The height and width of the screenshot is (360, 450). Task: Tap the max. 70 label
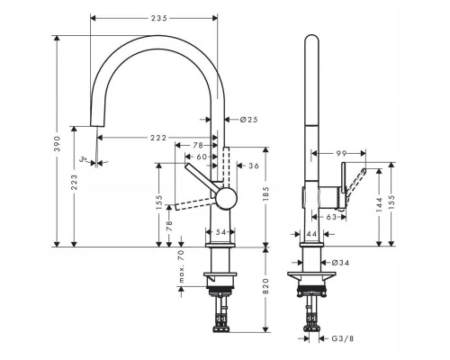(179, 266)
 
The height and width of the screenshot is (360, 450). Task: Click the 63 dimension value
(332, 217)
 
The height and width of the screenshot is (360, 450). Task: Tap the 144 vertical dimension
(379, 204)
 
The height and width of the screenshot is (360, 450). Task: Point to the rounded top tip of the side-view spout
(311, 38)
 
